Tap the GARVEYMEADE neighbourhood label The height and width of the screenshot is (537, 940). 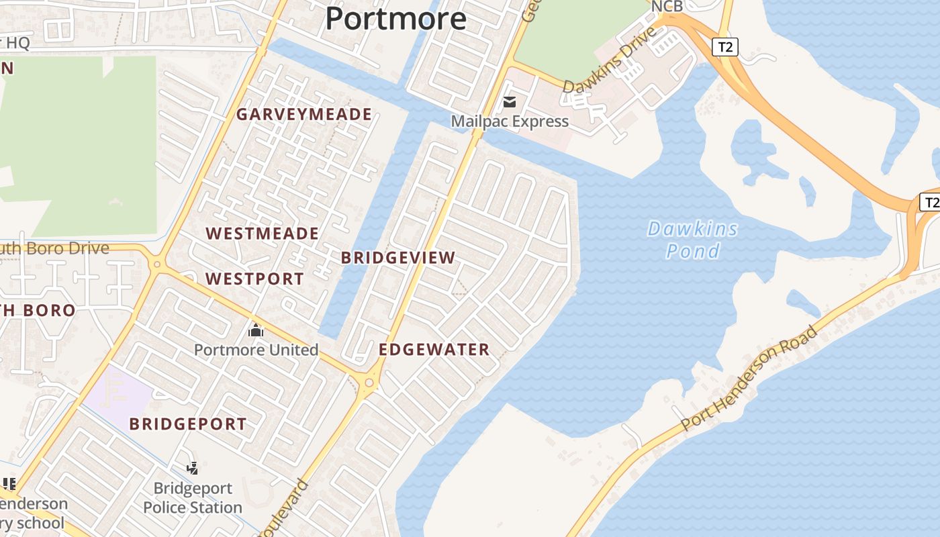click(303, 114)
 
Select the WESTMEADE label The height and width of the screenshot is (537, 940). click(262, 234)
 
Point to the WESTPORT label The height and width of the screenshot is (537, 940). click(254, 279)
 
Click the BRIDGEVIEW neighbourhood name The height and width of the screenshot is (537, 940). click(398, 258)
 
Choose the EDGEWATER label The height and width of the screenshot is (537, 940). click(434, 350)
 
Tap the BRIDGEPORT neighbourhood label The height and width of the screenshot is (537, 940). click(188, 424)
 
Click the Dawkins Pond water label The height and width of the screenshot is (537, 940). click(693, 240)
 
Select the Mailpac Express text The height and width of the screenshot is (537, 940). click(510, 121)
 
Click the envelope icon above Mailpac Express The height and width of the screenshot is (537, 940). click(510, 102)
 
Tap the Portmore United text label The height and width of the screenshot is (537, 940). click(256, 350)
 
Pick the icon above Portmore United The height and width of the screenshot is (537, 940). click(255, 330)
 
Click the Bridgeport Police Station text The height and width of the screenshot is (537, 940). click(193, 497)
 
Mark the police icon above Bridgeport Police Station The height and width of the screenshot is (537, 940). click(193, 468)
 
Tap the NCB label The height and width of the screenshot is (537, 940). click(667, 6)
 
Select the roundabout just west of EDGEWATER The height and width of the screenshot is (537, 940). click(369, 383)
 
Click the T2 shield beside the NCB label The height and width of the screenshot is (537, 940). click(724, 47)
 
